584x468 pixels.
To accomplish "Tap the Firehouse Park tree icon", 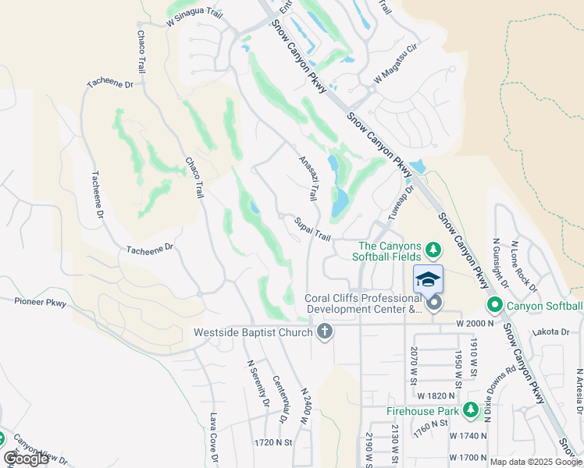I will tap(470, 410).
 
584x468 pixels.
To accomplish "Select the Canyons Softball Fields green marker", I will tap(434, 251).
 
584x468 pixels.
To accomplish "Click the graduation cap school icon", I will tap(428, 279).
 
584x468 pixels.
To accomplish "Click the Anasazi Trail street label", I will tap(308, 178).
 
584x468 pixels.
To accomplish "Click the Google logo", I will tap(26, 459).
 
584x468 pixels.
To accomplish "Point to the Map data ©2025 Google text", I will tap(535, 462).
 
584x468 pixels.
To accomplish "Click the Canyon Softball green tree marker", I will tap(493, 305).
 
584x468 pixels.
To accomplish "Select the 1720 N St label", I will tap(272, 441).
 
